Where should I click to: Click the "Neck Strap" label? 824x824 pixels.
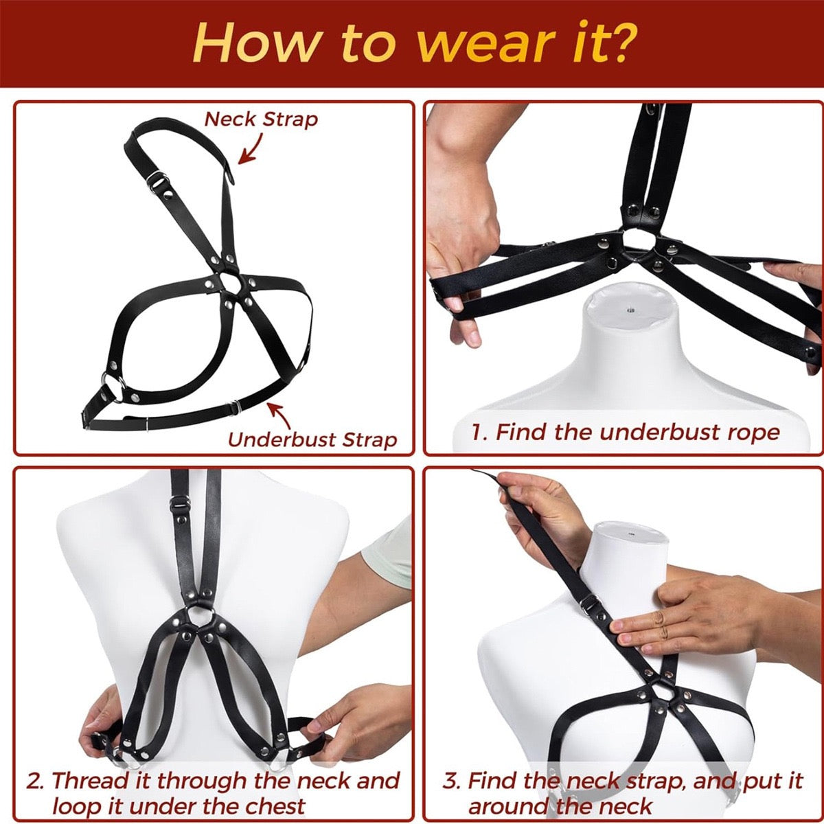point(262,119)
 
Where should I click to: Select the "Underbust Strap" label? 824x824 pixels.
point(312,439)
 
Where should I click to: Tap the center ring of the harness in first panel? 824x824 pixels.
point(229,284)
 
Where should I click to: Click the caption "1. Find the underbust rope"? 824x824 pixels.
point(626,432)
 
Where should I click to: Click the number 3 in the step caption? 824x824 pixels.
point(451,781)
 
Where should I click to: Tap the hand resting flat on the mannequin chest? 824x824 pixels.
point(687,611)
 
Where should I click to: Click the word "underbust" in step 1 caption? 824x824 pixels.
point(645,432)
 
